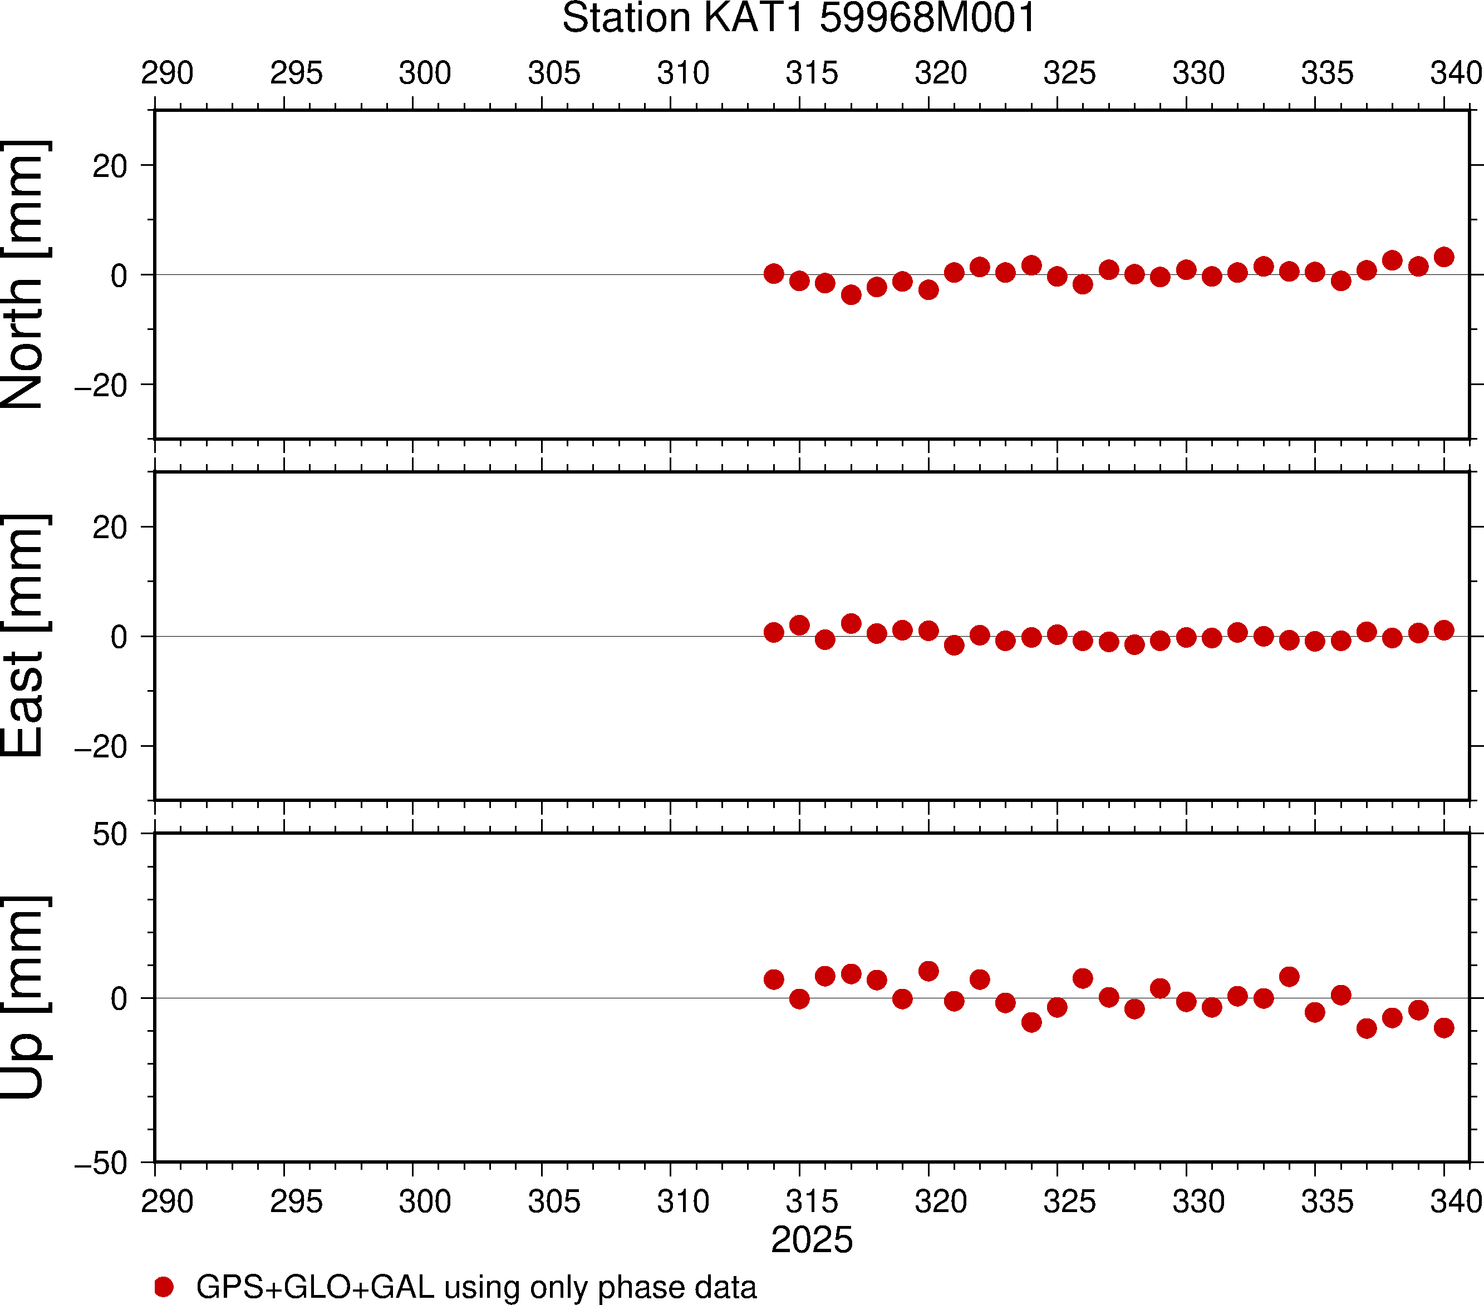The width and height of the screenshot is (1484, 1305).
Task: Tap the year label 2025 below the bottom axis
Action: [x=812, y=1240]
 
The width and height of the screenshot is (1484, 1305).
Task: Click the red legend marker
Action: [x=164, y=1287]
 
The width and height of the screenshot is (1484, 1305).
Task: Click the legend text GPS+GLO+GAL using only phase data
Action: [x=476, y=1287]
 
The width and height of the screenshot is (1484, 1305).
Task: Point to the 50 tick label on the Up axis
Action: [x=110, y=835]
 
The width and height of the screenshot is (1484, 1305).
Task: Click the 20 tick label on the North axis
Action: [x=110, y=166]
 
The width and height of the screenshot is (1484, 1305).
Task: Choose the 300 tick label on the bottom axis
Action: [x=425, y=1201]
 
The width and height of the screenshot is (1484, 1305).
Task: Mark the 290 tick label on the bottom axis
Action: [x=167, y=1201]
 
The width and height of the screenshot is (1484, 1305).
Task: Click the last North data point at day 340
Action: [x=1444, y=257]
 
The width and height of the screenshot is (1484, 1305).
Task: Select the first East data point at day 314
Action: [x=774, y=632]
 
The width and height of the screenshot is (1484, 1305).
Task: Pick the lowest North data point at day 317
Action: [x=851, y=295]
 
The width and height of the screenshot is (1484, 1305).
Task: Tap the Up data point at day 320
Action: [x=928, y=971]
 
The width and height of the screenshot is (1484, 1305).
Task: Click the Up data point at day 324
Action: [x=1031, y=1023]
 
